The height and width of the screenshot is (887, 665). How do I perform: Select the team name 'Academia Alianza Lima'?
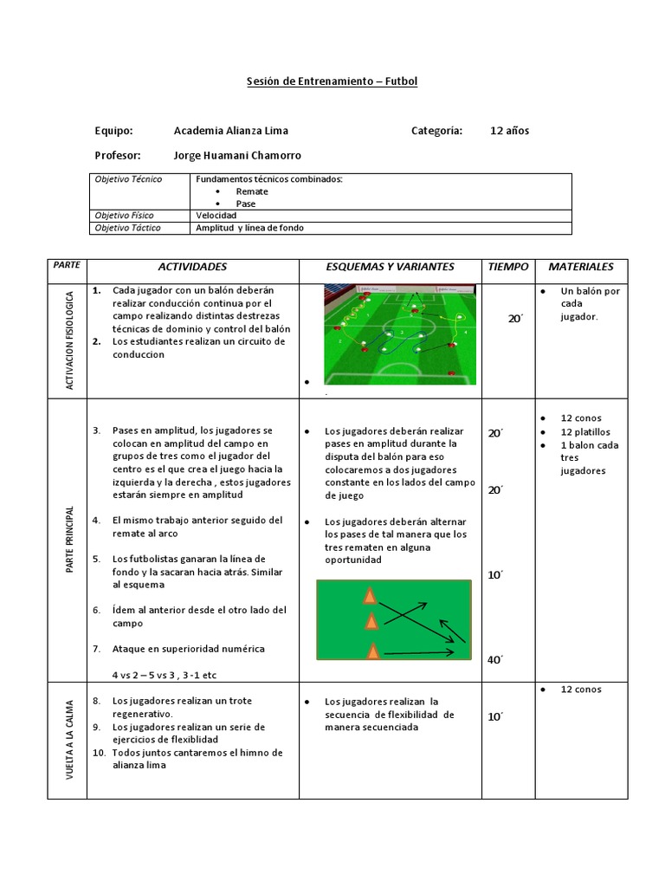coord(230,131)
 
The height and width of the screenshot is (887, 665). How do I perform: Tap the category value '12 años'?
coord(509,131)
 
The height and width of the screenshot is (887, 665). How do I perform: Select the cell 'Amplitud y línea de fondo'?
coord(249,228)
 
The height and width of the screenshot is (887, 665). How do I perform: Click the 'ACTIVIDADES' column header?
coord(192,267)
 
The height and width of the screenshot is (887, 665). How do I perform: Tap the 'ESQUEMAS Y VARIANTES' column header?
coord(390,267)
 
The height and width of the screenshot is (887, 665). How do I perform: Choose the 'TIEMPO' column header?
coord(507,267)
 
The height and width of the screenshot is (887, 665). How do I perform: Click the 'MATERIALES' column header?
coord(581,267)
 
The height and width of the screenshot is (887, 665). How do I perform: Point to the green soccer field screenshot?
coord(400,333)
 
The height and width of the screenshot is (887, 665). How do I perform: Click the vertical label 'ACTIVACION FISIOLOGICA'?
coord(70,340)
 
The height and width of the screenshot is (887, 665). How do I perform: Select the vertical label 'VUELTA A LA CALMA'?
coord(70,739)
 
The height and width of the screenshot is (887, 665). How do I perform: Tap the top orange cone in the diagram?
coord(371,596)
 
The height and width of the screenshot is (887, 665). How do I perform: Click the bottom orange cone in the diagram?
coord(373,651)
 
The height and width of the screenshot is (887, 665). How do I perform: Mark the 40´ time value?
coord(494,660)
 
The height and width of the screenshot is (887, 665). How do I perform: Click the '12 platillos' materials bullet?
coord(585,431)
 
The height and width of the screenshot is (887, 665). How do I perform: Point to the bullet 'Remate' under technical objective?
coord(251,191)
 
